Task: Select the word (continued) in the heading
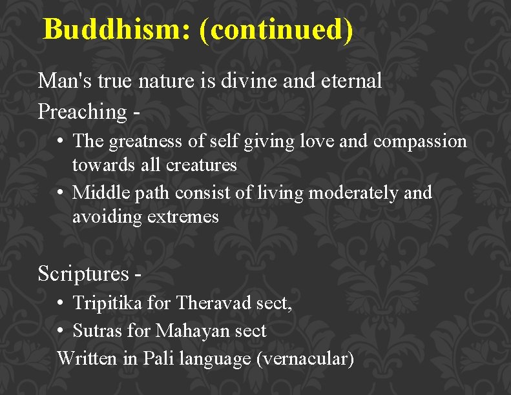[x=276, y=30]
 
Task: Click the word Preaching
[x=83, y=112]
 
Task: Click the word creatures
[x=201, y=165]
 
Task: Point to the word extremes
[x=183, y=217]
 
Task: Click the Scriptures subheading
[x=84, y=274]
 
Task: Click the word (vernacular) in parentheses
[x=305, y=358]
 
